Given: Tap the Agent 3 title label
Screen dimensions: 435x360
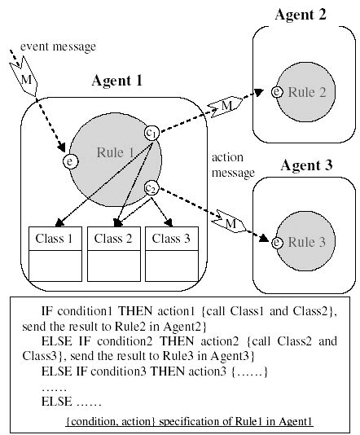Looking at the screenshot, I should click(306, 165).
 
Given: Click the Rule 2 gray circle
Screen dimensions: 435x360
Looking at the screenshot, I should click(303, 93).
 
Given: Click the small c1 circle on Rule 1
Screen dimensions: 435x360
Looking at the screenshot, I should click(151, 132).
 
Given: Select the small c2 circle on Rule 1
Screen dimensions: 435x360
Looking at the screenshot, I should click(151, 188).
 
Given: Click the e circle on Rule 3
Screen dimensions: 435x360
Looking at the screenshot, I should click(278, 242).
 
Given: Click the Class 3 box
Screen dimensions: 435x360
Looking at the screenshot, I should click(171, 252).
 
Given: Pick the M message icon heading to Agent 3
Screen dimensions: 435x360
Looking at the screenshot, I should click(230, 221).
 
